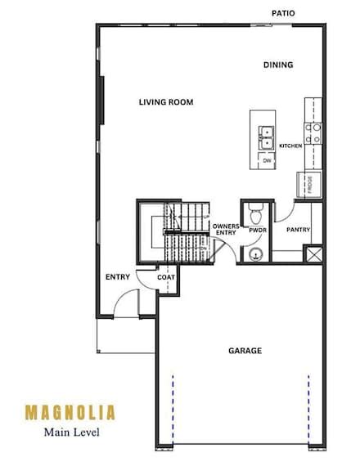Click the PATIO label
pyautogui.click(x=284, y=13)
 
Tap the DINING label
pyautogui.click(x=278, y=65)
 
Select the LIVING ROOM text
pyautogui.click(x=165, y=102)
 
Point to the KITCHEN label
pyautogui.click(x=290, y=146)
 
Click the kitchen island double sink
pyautogui.click(x=267, y=137)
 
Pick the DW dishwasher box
pyautogui.click(x=267, y=161)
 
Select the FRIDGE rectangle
pyautogui.click(x=311, y=184)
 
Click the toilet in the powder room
pyautogui.click(x=255, y=215)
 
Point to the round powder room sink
pyautogui.click(x=256, y=254)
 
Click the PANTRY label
pyautogui.click(x=298, y=230)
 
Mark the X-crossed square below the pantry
pyautogui.click(x=313, y=253)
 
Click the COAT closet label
pyautogui.click(x=166, y=276)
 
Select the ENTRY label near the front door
pyautogui.click(x=118, y=276)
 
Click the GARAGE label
pyautogui.click(x=245, y=351)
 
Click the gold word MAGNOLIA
pyautogui.click(x=70, y=411)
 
